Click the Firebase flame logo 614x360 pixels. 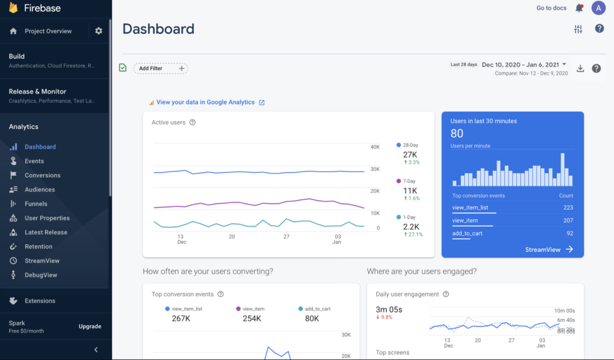tap(13, 8)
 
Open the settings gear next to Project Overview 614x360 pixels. tap(99, 31)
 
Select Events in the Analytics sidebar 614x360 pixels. tap(34, 161)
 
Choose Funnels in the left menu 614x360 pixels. tap(36, 204)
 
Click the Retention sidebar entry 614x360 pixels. tap(38, 247)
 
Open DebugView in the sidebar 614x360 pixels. tap(41, 275)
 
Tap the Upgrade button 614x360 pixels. tap(90, 326)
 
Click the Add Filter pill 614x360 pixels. tap(160, 68)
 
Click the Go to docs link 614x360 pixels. tap(552, 8)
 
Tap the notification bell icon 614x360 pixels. tap(579, 8)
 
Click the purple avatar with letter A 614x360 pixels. tap(598, 8)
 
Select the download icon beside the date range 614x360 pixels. tap(580, 68)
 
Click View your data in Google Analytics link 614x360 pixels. tap(206, 103)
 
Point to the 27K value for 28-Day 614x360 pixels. tap(410, 154)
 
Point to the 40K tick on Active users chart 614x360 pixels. tap(375, 147)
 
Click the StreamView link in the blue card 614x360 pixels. tap(549, 250)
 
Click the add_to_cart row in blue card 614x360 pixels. tap(467, 233)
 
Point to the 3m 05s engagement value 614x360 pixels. tap(389, 309)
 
